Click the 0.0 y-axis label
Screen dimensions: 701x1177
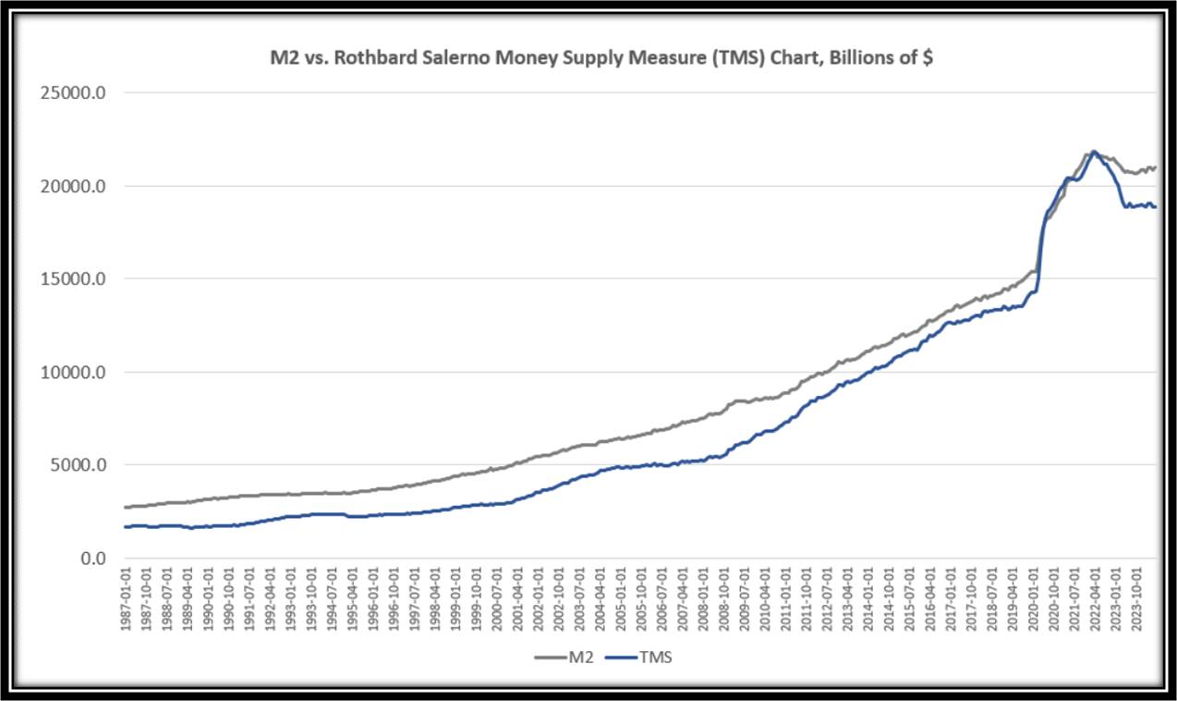[x=91, y=559]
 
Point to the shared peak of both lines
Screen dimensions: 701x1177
[x=1094, y=152]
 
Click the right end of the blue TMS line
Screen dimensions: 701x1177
[x=1155, y=207]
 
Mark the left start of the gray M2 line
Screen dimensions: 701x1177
[x=126, y=507]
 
